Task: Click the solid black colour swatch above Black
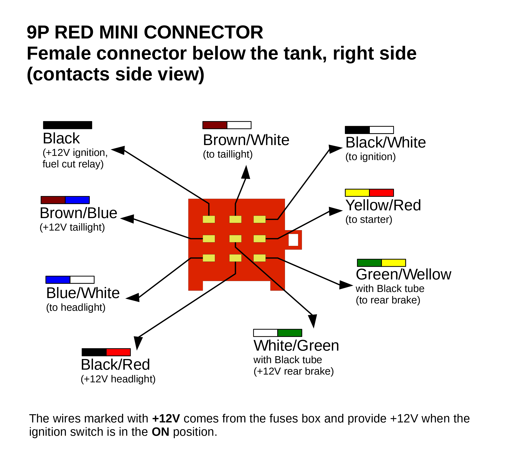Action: click(x=67, y=125)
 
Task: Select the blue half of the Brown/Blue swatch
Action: click(x=77, y=200)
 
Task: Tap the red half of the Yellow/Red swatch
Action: click(x=381, y=193)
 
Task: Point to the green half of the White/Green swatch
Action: click(x=290, y=333)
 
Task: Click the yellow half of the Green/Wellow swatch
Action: click(x=393, y=263)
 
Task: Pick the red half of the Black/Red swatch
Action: click(x=118, y=352)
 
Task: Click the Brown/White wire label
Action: click(x=246, y=140)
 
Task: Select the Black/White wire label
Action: click(x=386, y=143)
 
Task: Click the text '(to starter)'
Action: click(x=368, y=220)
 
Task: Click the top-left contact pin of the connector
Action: click(x=209, y=219)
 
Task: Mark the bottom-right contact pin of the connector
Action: click(x=259, y=258)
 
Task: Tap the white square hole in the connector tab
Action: click(x=293, y=240)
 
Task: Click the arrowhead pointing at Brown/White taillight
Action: click(x=246, y=173)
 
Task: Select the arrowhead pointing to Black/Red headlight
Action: click(x=138, y=342)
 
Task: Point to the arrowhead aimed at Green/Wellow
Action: click(x=346, y=285)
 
